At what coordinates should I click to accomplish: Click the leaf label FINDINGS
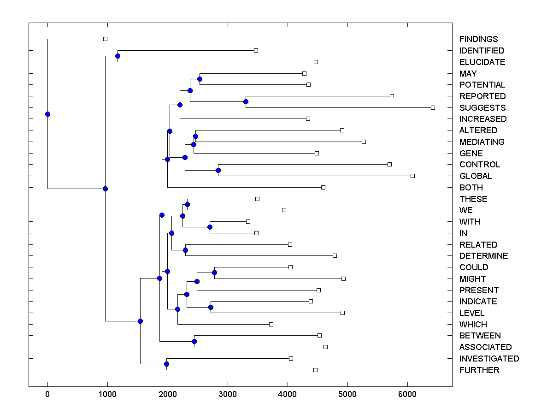click(x=478, y=39)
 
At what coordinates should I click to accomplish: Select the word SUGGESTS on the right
click(x=482, y=108)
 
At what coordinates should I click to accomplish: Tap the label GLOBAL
click(x=475, y=176)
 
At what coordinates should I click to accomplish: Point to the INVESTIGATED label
click(x=489, y=359)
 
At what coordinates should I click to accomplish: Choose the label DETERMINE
click(x=483, y=256)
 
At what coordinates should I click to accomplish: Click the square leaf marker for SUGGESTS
click(x=433, y=107)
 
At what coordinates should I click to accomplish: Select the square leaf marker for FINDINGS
click(x=105, y=39)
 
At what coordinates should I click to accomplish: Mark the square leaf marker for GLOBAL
click(x=412, y=176)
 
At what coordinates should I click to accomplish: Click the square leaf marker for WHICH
click(x=271, y=324)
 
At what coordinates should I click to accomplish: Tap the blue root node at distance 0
click(x=47, y=114)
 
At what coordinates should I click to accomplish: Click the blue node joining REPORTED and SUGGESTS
click(x=246, y=101)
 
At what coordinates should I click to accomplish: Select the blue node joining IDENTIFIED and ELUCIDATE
click(x=118, y=56)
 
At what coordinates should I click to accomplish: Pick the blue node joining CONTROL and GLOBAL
click(x=218, y=170)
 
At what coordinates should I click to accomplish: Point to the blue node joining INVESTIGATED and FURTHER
click(x=166, y=364)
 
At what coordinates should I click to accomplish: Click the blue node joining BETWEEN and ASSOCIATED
click(x=194, y=341)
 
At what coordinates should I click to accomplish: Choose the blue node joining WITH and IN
click(x=210, y=227)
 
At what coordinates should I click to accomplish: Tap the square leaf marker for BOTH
click(x=323, y=187)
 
